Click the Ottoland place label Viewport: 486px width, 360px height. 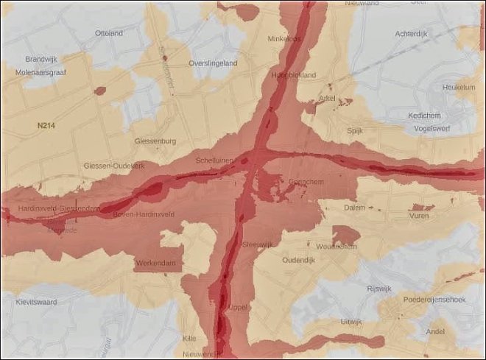pos(109,33)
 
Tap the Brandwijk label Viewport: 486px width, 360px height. pos(40,59)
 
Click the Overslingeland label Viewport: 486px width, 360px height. pos(213,63)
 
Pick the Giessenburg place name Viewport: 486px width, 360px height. pos(155,141)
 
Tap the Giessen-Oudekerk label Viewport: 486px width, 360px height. pos(114,166)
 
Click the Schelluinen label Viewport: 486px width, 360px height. pos(214,160)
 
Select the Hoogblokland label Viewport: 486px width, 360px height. pos(293,75)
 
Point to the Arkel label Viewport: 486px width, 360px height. pos(327,99)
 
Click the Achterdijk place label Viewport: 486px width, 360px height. pos(411,33)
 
